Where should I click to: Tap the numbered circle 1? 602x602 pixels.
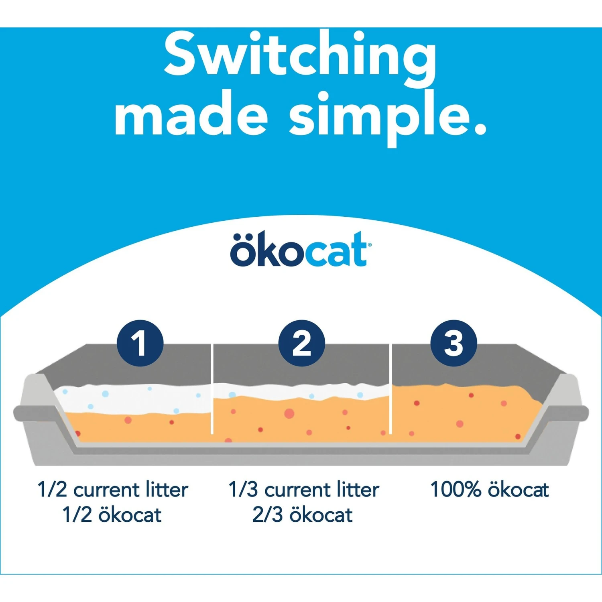pyautogui.click(x=140, y=343)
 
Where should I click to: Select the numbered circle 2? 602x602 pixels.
pyautogui.click(x=301, y=343)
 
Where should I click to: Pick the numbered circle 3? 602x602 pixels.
pyautogui.click(x=454, y=343)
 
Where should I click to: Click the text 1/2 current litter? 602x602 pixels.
pyautogui.click(x=113, y=490)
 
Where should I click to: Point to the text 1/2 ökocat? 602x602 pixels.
pyautogui.click(x=112, y=515)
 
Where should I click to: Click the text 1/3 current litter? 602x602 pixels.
pyautogui.click(x=304, y=490)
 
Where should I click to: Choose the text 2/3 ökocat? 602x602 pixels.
pyautogui.click(x=303, y=515)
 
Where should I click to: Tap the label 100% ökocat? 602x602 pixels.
pyautogui.click(x=489, y=490)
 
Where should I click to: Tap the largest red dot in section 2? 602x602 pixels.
pyautogui.click(x=289, y=413)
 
